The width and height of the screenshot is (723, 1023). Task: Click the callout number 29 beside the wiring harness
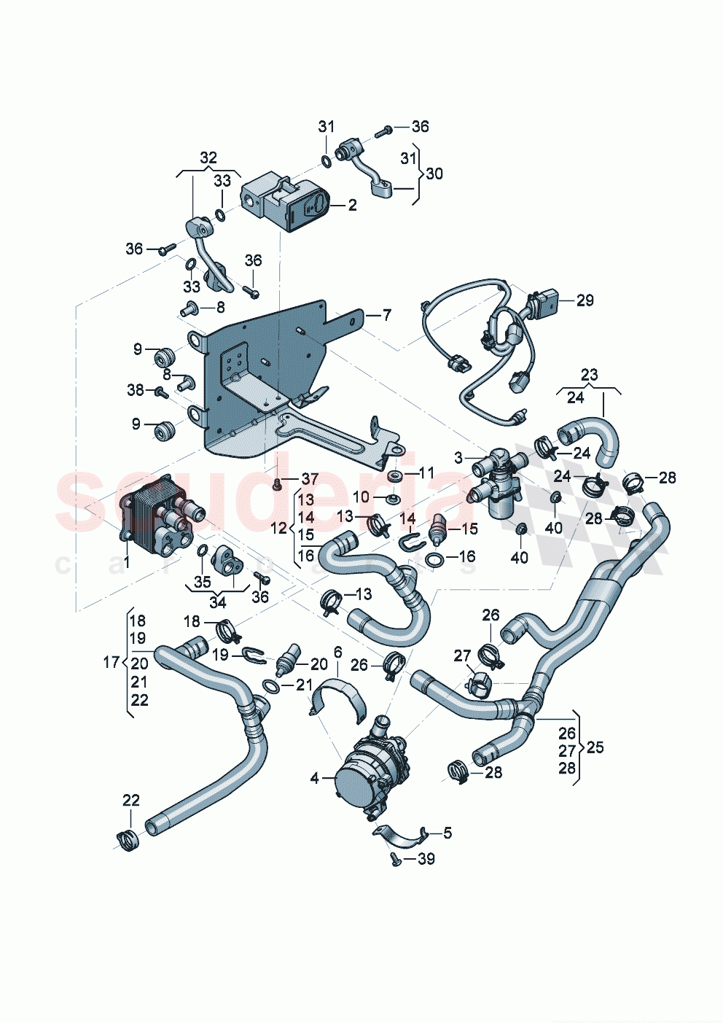[x=585, y=300]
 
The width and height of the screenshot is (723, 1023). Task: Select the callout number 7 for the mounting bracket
[x=386, y=315]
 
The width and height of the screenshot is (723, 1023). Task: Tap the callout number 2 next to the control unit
[x=353, y=206]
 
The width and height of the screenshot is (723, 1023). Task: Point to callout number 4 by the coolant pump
[x=314, y=779]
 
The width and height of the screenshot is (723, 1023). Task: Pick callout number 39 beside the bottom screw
[x=426, y=859]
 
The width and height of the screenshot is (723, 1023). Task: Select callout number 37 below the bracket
[x=310, y=479]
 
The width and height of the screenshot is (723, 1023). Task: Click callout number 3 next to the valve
[x=458, y=458]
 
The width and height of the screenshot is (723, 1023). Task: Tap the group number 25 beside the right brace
[x=595, y=748]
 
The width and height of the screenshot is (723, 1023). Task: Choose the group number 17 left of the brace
[x=111, y=662]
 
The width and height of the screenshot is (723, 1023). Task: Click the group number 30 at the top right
[x=434, y=174]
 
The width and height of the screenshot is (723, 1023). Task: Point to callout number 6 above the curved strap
[x=337, y=651]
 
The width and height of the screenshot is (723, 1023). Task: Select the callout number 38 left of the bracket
[x=136, y=390]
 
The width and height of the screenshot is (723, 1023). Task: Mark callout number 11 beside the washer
[x=425, y=473]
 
